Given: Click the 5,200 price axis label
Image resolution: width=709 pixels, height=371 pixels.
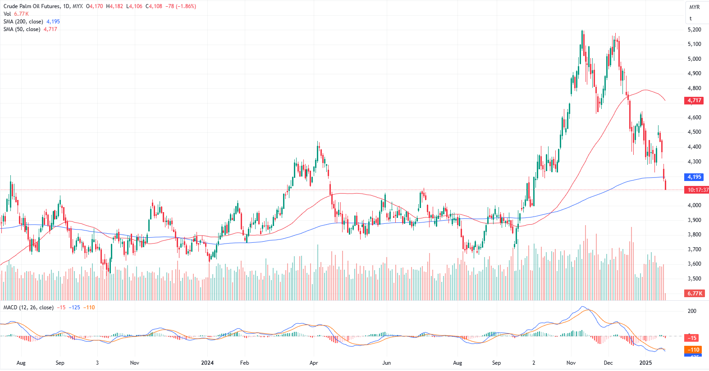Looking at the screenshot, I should (694, 30).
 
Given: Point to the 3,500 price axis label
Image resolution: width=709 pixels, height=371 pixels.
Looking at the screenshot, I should (694, 279).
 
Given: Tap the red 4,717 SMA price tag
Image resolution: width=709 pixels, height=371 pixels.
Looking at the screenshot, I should (694, 100).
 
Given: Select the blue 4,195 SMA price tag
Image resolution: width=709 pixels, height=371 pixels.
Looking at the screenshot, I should (694, 177).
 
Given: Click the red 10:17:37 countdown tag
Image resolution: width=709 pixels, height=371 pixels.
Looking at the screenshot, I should (697, 190).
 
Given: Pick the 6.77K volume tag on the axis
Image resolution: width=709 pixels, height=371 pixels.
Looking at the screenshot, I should (695, 294).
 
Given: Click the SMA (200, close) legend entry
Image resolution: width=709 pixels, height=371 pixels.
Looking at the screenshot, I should (23, 22).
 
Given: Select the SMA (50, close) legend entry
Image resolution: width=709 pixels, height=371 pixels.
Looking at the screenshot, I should (22, 29).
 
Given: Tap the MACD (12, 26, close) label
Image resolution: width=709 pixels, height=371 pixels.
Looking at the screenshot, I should (28, 308).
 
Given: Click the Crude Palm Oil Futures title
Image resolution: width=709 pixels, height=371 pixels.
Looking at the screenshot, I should (32, 6).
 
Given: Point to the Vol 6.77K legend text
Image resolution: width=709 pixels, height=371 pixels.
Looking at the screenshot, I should (16, 14).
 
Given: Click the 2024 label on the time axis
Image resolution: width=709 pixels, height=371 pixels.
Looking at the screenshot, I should (207, 363).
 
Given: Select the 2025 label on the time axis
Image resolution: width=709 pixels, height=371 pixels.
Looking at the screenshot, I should (645, 363).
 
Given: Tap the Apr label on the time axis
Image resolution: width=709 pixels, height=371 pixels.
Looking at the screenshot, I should (314, 363).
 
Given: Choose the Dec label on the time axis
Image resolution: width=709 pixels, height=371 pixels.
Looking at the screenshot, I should (608, 363).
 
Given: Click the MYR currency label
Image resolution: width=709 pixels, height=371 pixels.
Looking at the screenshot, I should (694, 7).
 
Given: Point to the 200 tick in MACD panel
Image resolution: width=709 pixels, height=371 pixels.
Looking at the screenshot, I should (692, 311).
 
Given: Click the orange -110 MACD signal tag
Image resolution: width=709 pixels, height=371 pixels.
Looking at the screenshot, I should (693, 350).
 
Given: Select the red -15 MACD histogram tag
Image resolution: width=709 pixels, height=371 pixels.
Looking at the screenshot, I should (692, 338).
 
